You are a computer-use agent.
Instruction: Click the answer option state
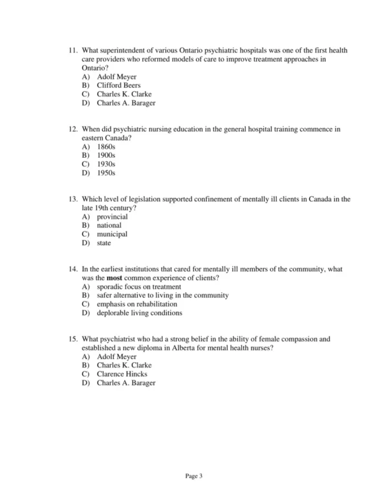pyautogui.click(x=103, y=243)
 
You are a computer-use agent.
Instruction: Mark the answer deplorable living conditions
pyautogui.click(x=139, y=313)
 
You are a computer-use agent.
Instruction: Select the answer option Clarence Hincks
pyautogui.click(x=122, y=374)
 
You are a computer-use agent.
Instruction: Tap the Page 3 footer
pyautogui.click(x=194, y=477)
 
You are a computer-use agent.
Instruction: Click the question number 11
pyautogui.click(x=72, y=50)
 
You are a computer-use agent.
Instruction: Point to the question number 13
pyautogui.click(x=72, y=199)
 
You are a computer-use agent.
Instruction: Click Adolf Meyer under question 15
pyautogui.click(x=116, y=356)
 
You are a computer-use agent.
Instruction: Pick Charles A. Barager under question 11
pyautogui.click(x=125, y=103)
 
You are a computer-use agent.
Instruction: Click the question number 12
pyautogui.click(x=72, y=129)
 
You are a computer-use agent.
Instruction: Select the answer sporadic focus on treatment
pyautogui.click(x=138, y=287)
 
